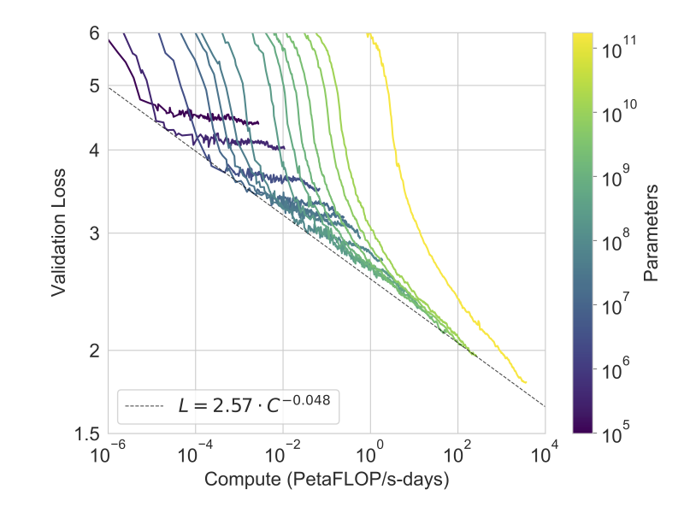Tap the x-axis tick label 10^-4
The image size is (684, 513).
click(x=196, y=452)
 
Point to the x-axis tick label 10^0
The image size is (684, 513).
click(x=370, y=452)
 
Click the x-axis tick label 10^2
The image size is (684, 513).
click(x=458, y=452)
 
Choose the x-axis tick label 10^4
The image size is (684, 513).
click(x=545, y=452)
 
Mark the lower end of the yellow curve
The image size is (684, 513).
click(x=525, y=382)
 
